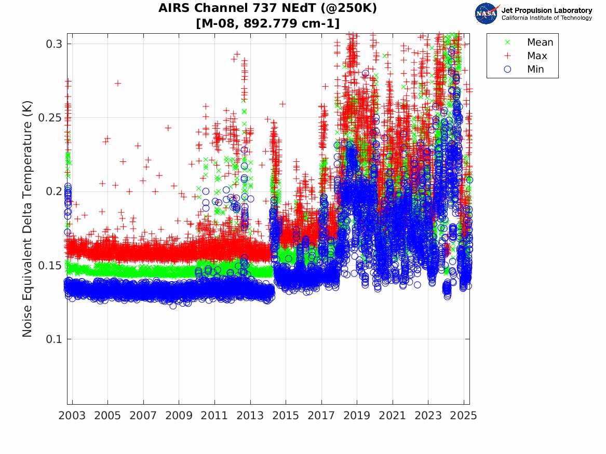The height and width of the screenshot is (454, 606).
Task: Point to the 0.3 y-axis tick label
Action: coord(54,44)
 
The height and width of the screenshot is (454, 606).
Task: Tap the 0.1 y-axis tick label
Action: coord(54,339)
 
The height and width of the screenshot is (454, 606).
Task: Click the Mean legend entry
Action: coord(540,43)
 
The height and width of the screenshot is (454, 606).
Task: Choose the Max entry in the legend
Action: coord(537,56)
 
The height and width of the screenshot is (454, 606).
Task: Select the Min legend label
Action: coord(535,69)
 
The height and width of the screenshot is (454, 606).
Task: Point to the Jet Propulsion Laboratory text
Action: coord(547,10)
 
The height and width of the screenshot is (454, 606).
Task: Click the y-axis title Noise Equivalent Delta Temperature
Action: coord(28,218)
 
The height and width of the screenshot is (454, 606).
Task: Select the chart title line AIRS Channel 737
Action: coord(267,8)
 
